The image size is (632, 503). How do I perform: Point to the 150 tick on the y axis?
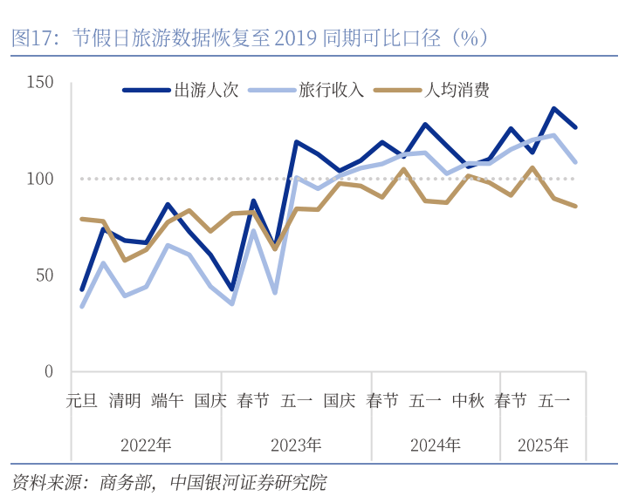click(41, 83)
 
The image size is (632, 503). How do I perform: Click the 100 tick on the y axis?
click(41, 179)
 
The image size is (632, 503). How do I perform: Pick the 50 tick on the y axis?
click(45, 275)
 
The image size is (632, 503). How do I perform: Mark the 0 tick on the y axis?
click(49, 371)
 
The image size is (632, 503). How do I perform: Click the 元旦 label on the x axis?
click(82, 401)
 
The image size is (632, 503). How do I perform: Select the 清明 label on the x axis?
click(125, 401)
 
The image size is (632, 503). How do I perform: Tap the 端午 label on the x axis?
click(168, 401)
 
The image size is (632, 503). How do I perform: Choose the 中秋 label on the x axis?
click(468, 401)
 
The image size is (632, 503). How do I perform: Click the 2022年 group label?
click(146, 445)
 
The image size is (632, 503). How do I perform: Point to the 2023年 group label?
click(296, 445)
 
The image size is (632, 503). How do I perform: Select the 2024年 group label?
click(436, 445)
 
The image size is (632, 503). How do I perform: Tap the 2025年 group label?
click(542, 445)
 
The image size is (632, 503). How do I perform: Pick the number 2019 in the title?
click(294, 38)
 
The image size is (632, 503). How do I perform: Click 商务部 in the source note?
click(127, 482)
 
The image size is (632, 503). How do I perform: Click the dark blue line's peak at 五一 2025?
click(553, 109)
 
